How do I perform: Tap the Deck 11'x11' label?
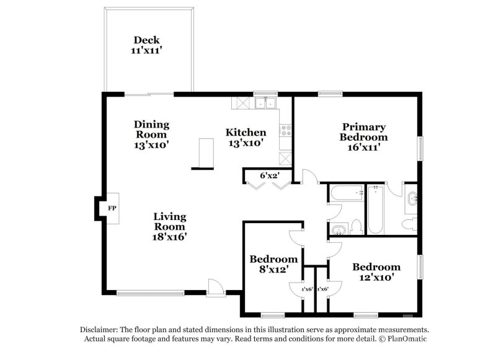[x=146, y=45]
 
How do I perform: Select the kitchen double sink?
[x=266, y=103]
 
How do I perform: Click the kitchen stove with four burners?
[x=286, y=131]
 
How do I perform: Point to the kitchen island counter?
[x=201, y=154]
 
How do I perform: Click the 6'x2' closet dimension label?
[x=267, y=176]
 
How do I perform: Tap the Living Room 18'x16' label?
[x=169, y=226]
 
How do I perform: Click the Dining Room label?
[x=151, y=130]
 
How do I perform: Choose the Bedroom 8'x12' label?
[x=273, y=264]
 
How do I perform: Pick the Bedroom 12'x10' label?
[x=376, y=272]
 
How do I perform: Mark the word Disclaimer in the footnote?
[x=100, y=330]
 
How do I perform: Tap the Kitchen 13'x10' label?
[x=246, y=138]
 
